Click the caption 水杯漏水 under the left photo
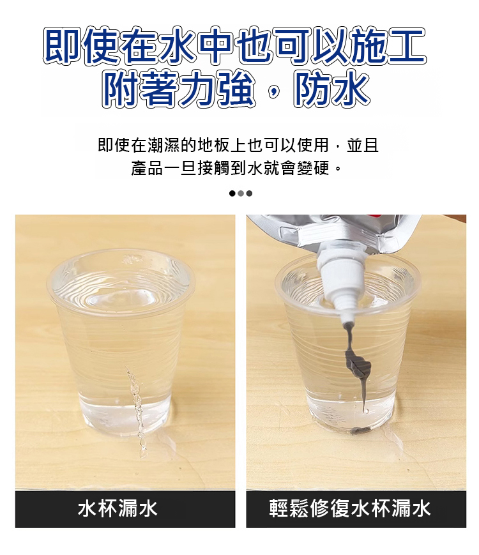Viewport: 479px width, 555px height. [118, 508]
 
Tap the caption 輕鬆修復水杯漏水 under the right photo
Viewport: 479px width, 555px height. [350, 508]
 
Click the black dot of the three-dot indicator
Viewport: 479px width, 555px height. [232, 194]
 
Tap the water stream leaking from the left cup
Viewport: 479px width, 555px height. [136, 411]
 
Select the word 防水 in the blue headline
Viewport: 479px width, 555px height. [331, 89]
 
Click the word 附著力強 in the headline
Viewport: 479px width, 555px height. [179, 89]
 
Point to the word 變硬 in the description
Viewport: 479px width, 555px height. [314, 168]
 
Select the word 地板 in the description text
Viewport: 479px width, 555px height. [214, 146]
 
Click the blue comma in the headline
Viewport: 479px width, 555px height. [273, 93]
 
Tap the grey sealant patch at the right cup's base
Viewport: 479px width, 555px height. [360, 430]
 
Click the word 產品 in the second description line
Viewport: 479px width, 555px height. [148, 168]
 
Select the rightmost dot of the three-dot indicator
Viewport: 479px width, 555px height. [249, 194]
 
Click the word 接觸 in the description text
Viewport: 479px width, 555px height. [214, 168]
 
